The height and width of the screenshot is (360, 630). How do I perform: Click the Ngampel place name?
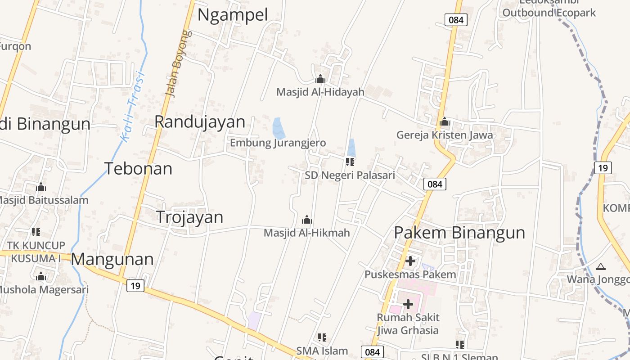click(233, 15)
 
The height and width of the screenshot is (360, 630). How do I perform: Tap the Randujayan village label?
click(200, 121)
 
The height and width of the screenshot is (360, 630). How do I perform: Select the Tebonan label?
click(139, 168)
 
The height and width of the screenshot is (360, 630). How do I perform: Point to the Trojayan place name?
click(189, 217)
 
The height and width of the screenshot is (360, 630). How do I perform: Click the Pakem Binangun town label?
click(459, 233)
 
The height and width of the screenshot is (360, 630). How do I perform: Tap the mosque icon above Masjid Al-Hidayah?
click(320, 79)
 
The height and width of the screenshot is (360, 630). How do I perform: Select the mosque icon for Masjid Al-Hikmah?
click(307, 220)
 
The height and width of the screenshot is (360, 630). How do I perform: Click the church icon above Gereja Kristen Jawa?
click(445, 121)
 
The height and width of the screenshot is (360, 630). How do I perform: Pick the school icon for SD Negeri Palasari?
click(350, 162)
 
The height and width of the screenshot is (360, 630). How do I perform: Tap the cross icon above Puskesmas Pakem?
click(410, 261)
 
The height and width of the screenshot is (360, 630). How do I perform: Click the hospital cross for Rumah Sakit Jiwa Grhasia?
click(408, 304)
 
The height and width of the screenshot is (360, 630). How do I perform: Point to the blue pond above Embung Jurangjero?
click(279, 128)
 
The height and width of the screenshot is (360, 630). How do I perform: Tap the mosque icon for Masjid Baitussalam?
click(41, 187)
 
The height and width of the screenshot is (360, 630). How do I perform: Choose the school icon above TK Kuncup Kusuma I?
click(36, 232)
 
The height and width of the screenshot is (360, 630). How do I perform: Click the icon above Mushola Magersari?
click(41, 276)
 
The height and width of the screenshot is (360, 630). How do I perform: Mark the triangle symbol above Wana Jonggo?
click(600, 267)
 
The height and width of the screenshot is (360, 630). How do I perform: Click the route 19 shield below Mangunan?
click(135, 285)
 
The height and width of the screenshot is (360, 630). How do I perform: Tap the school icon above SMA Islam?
click(322, 337)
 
